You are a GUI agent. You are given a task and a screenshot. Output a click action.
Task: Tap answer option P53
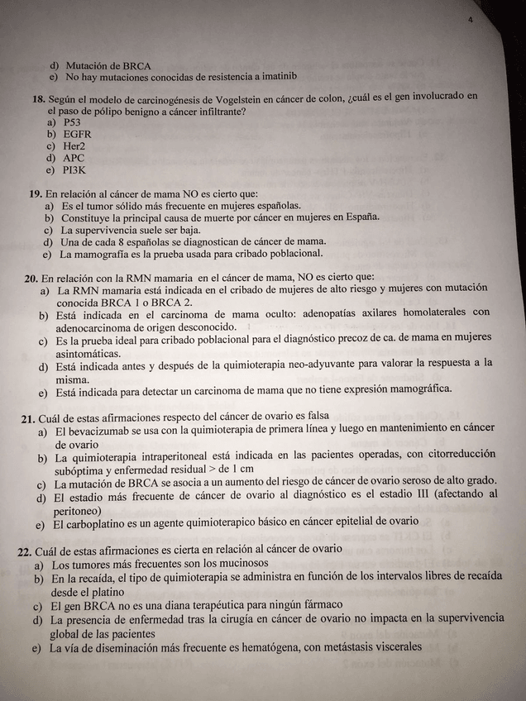(x=72, y=122)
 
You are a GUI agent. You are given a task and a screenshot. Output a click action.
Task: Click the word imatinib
(x=276, y=76)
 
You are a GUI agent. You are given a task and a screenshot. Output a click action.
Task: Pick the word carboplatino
(x=95, y=522)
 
